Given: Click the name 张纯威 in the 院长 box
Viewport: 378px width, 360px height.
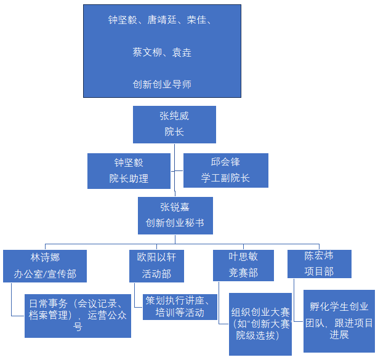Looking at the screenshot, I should pyautogui.click(x=174, y=115).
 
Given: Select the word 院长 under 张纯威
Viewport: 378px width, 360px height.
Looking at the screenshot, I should pyautogui.click(x=174, y=132).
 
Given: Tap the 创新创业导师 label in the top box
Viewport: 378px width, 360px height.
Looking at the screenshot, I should pyautogui.click(x=162, y=84).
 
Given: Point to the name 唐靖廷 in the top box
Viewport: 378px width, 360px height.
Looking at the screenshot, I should pyautogui.click(x=162, y=20).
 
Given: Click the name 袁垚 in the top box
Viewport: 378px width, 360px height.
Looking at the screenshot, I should pyautogui.click(x=182, y=52).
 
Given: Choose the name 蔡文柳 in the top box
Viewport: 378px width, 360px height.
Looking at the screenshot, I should pyautogui.click(x=147, y=52).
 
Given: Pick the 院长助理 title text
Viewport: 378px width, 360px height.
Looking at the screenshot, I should pyautogui.click(x=129, y=179).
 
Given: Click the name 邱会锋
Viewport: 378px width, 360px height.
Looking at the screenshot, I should pyautogui.click(x=225, y=162).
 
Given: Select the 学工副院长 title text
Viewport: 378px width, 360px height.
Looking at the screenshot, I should pyautogui.click(x=225, y=178).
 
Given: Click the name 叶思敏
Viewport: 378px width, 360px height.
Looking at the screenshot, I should pyautogui.click(x=243, y=257).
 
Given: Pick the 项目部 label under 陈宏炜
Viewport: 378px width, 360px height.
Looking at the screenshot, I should pyautogui.click(x=319, y=271).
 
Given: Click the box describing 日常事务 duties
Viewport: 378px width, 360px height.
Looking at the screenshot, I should pyautogui.click(x=78, y=315).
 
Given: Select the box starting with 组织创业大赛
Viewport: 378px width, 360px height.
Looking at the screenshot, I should pyautogui.click(x=260, y=323).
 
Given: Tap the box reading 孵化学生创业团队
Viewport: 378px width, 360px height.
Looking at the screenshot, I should pyautogui.click(x=339, y=320).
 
